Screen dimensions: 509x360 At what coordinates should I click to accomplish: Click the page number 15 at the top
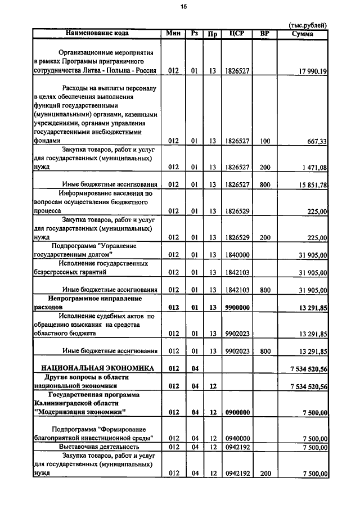point(183,7)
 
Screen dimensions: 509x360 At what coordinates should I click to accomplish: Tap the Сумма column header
point(303,34)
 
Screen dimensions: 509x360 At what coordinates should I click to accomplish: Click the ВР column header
point(265,34)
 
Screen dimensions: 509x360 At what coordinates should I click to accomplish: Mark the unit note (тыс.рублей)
point(307,25)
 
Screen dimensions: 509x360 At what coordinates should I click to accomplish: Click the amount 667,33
point(316,141)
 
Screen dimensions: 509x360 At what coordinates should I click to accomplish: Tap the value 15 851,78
point(312,184)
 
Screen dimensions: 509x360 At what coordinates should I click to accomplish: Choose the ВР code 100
point(265,141)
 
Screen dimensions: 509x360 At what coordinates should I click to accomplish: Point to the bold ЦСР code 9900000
point(237,308)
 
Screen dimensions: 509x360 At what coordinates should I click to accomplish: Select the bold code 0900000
point(237,412)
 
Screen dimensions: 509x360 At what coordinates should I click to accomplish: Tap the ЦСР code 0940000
point(237,438)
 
